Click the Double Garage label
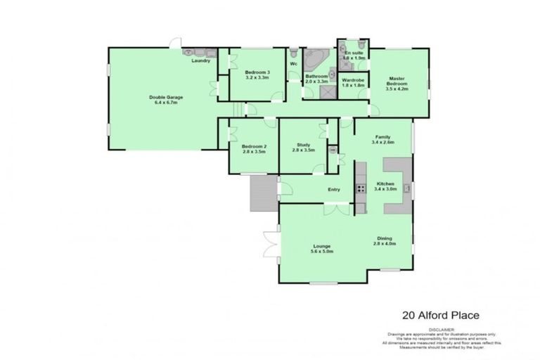click(x=162, y=97)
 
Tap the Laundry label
click(x=202, y=61)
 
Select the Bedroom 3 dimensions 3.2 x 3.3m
click(x=257, y=79)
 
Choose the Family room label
click(x=382, y=136)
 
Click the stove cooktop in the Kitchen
click(x=360, y=188)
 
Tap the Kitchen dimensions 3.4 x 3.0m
click(x=386, y=189)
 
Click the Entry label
click(x=335, y=189)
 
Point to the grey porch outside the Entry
click(x=264, y=193)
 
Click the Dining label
click(x=385, y=238)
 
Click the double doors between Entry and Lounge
click(x=336, y=210)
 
